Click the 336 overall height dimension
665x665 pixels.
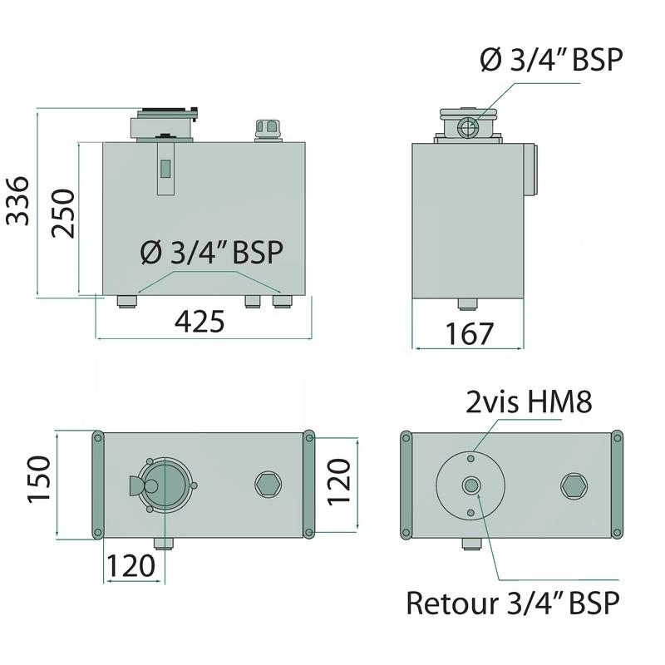pyautogui.click(x=18, y=200)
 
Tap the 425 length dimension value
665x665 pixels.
pyautogui.click(x=199, y=322)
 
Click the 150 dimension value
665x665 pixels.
pyautogui.click(x=40, y=485)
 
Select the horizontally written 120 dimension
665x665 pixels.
pyautogui.click(x=131, y=566)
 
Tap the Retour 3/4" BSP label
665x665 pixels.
pyautogui.click(x=513, y=603)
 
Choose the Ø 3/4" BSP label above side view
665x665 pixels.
pyautogui.click(x=551, y=60)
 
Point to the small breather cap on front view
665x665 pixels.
pyautogui.click(x=267, y=130)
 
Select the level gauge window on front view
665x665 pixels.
pyautogui.click(x=165, y=168)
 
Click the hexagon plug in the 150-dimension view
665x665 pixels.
pyautogui.click(x=267, y=485)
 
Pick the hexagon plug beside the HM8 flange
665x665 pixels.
pyautogui.click(x=573, y=485)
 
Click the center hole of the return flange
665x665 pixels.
pyautogui.click(x=471, y=485)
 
